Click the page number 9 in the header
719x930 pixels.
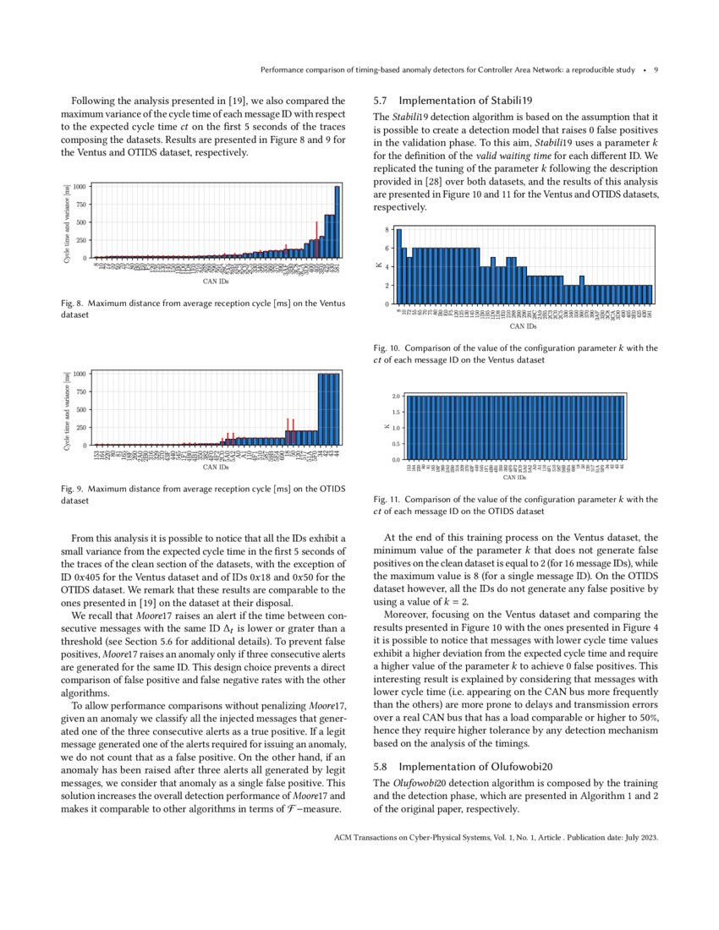coord(656,70)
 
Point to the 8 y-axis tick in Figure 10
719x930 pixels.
coord(387,230)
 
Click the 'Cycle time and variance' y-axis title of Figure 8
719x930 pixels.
coord(67,222)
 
